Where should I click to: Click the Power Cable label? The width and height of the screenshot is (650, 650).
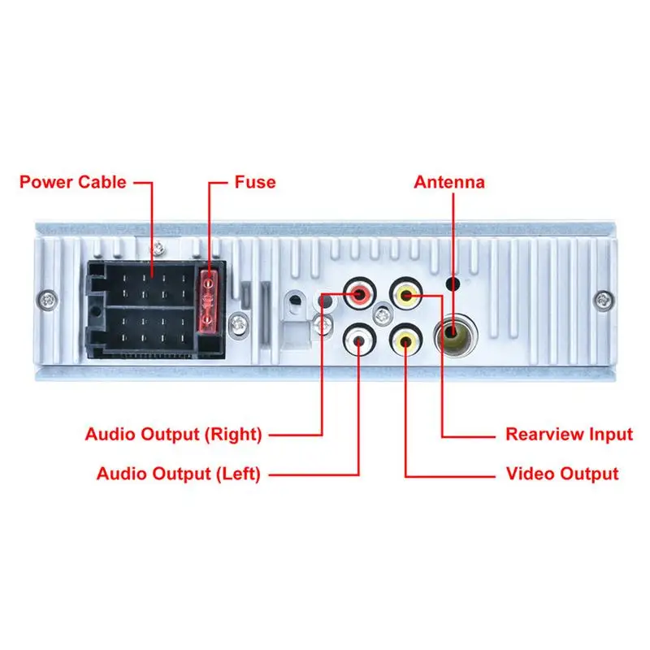point(73,182)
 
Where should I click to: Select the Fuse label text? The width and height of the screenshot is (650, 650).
point(255,182)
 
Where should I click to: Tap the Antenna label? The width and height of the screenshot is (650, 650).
point(449,182)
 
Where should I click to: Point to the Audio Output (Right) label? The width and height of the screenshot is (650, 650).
point(174,434)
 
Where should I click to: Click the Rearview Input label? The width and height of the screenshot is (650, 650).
point(569,434)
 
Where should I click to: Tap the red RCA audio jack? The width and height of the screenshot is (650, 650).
point(358,293)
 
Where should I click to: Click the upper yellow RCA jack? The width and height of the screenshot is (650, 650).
point(405,293)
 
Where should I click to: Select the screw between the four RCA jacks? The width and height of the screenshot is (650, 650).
point(381,314)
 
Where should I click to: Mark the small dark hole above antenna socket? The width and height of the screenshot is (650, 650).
point(453,286)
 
